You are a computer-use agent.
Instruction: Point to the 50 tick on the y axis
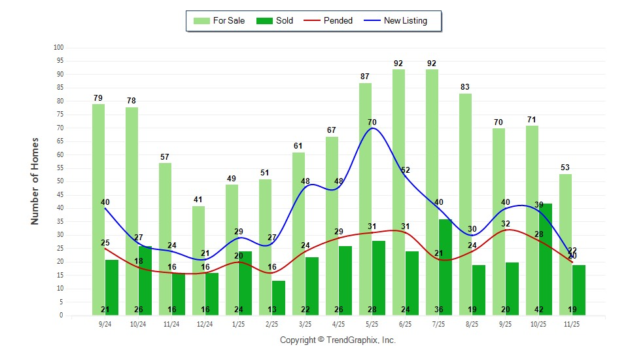pyautogui.click(x=59, y=181)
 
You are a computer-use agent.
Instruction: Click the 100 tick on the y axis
pyautogui.click(x=58, y=48)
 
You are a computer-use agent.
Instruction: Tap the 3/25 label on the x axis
pyautogui.click(x=305, y=324)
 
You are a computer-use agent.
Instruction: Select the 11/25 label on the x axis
pyautogui.click(x=572, y=324)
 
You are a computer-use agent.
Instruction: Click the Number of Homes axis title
pyautogui.click(x=35, y=181)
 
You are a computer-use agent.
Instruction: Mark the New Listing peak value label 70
pyautogui.click(x=372, y=122)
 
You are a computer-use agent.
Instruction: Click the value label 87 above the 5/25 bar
pyautogui.click(x=365, y=77)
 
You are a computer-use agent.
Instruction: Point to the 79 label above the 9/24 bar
pyautogui.click(x=98, y=98)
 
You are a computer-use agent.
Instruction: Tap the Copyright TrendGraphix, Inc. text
pyautogui.click(x=338, y=340)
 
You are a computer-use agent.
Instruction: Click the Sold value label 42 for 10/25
pyautogui.click(x=545, y=310)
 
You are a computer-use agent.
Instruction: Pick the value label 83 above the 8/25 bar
pyautogui.click(x=465, y=87)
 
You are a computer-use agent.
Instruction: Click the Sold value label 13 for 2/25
pyautogui.click(x=278, y=310)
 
